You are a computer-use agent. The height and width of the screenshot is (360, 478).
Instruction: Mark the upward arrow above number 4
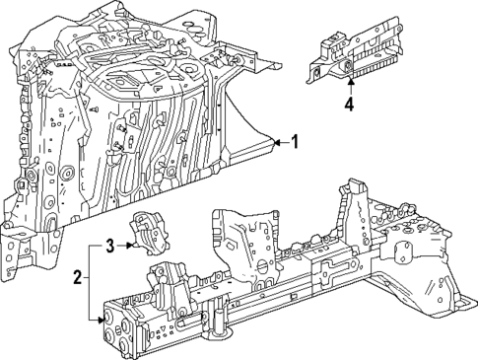point(349,83)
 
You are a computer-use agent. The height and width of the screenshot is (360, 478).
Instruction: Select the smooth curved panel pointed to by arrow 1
point(252,138)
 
